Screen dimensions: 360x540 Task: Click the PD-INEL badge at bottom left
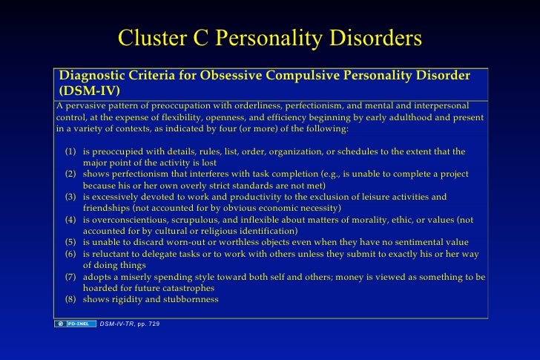pos(75,324)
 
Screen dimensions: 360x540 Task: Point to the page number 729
pos(151,324)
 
